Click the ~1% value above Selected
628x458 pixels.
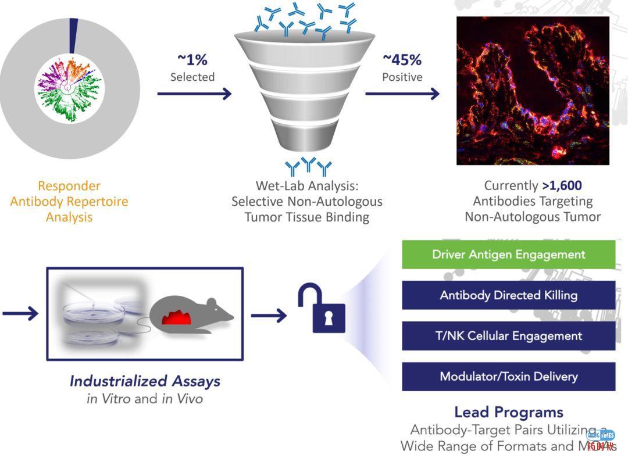tap(192, 59)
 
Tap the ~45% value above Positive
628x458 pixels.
tap(402, 59)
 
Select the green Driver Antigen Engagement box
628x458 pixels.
tap(508, 255)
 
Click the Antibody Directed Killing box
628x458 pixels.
tap(508, 295)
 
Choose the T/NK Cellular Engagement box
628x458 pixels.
tap(508, 336)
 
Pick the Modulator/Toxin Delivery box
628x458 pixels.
tap(508, 377)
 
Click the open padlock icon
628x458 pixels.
tap(322, 309)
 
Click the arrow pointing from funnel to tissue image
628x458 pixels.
tap(402, 94)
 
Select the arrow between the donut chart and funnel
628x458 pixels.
tap(194, 94)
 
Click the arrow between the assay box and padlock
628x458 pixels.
tap(269, 316)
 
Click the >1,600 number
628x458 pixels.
tap(562, 185)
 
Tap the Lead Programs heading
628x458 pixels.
tap(508, 412)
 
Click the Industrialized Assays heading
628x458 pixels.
tap(145, 381)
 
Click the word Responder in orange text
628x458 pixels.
tap(69, 186)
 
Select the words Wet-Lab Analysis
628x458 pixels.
tap(307, 186)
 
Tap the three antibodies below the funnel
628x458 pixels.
tap(308, 166)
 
